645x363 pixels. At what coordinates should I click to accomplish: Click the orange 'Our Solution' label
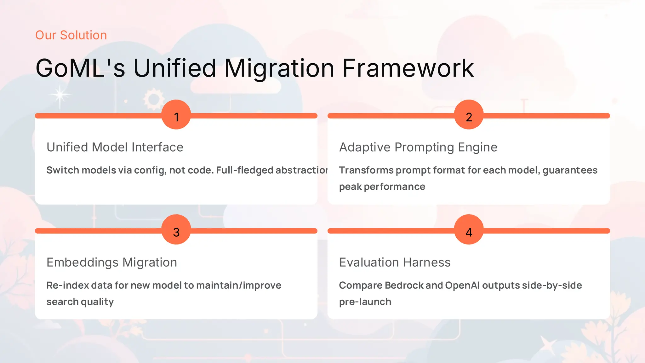pos(71,35)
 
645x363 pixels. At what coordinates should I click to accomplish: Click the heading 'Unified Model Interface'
pos(115,147)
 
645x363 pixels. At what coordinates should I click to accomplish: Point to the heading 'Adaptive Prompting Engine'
pos(418,147)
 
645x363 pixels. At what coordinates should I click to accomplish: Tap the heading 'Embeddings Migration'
pos(112,262)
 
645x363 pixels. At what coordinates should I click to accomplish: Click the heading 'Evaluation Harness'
pos(395,262)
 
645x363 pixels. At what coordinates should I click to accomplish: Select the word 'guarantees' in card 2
pos(570,170)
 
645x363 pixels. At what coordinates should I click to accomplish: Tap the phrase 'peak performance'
pos(382,187)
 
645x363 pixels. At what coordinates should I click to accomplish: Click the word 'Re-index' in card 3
pos(67,285)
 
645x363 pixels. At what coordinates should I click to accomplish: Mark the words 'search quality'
pos(80,302)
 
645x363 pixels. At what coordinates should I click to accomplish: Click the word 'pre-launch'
pos(365,302)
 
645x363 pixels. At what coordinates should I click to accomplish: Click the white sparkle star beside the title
pos(60,95)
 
